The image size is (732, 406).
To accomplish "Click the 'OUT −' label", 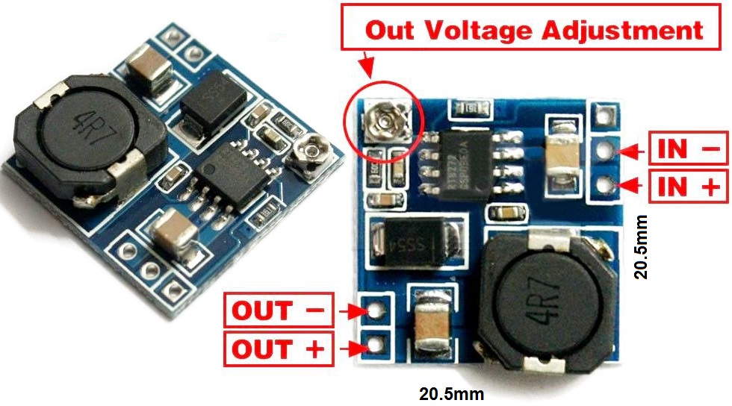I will (277, 310).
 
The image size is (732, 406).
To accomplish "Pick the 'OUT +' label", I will (277, 349).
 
